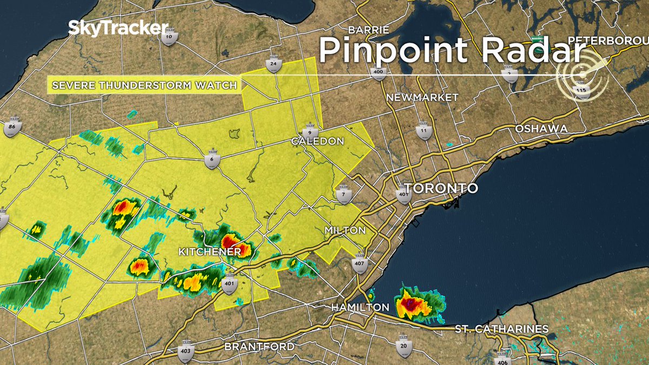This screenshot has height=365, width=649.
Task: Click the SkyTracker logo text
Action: click(x=118, y=29)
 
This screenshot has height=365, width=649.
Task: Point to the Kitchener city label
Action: click(x=210, y=252)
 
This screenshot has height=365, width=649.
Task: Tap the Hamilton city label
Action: click(x=360, y=308)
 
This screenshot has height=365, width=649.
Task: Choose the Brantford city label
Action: click(x=260, y=346)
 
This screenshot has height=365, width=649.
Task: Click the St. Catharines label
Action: click(x=501, y=329)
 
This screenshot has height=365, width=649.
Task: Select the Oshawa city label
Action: click(x=541, y=129)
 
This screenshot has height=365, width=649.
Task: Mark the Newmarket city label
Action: click(x=422, y=97)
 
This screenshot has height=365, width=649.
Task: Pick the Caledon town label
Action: click(x=317, y=141)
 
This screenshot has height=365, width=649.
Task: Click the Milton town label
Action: click(x=345, y=230)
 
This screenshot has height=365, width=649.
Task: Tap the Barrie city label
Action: click(x=369, y=29)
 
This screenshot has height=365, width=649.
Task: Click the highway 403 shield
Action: click(x=186, y=349)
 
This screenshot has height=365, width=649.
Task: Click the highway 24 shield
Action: click(x=274, y=64)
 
